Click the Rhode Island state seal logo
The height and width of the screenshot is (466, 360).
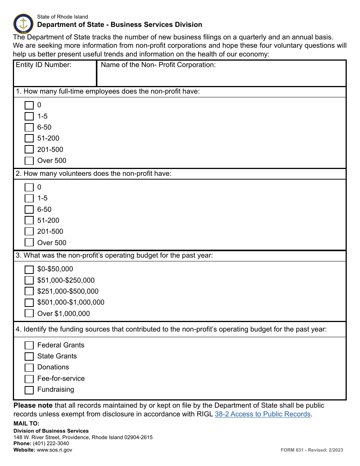click(23, 23)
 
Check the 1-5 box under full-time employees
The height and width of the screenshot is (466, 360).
click(29, 116)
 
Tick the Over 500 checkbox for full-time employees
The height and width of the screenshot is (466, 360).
click(29, 161)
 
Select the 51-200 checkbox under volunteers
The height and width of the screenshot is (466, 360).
click(29, 220)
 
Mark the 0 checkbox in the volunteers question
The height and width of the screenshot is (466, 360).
click(29, 187)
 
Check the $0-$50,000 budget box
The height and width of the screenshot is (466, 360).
click(29, 269)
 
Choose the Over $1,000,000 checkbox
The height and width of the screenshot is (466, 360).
click(29, 314)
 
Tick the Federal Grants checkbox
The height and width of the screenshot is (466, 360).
click(29, 345)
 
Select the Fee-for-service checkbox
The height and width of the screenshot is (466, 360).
click(29, 378)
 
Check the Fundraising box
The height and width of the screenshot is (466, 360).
click(29, 390)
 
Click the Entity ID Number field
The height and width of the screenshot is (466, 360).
click(55, 77)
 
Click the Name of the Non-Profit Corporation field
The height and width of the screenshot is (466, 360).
click(221, 77)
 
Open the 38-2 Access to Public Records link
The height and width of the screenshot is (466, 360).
click(263, 414)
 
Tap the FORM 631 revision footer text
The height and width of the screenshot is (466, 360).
click(311, 450)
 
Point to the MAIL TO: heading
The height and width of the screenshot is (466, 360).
click(27, 424)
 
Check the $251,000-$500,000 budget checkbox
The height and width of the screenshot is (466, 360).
click(29, 291)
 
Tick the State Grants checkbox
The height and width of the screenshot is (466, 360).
click(29, 357)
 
